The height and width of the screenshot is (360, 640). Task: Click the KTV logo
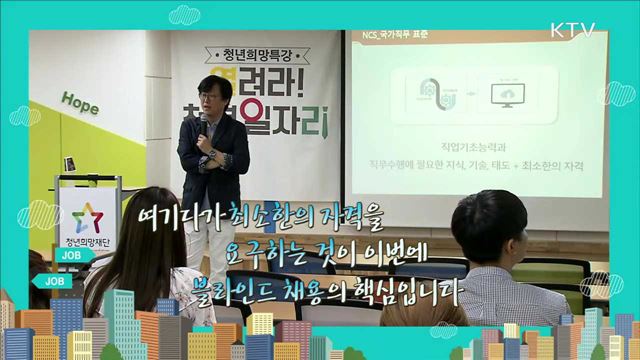[572, 30]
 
